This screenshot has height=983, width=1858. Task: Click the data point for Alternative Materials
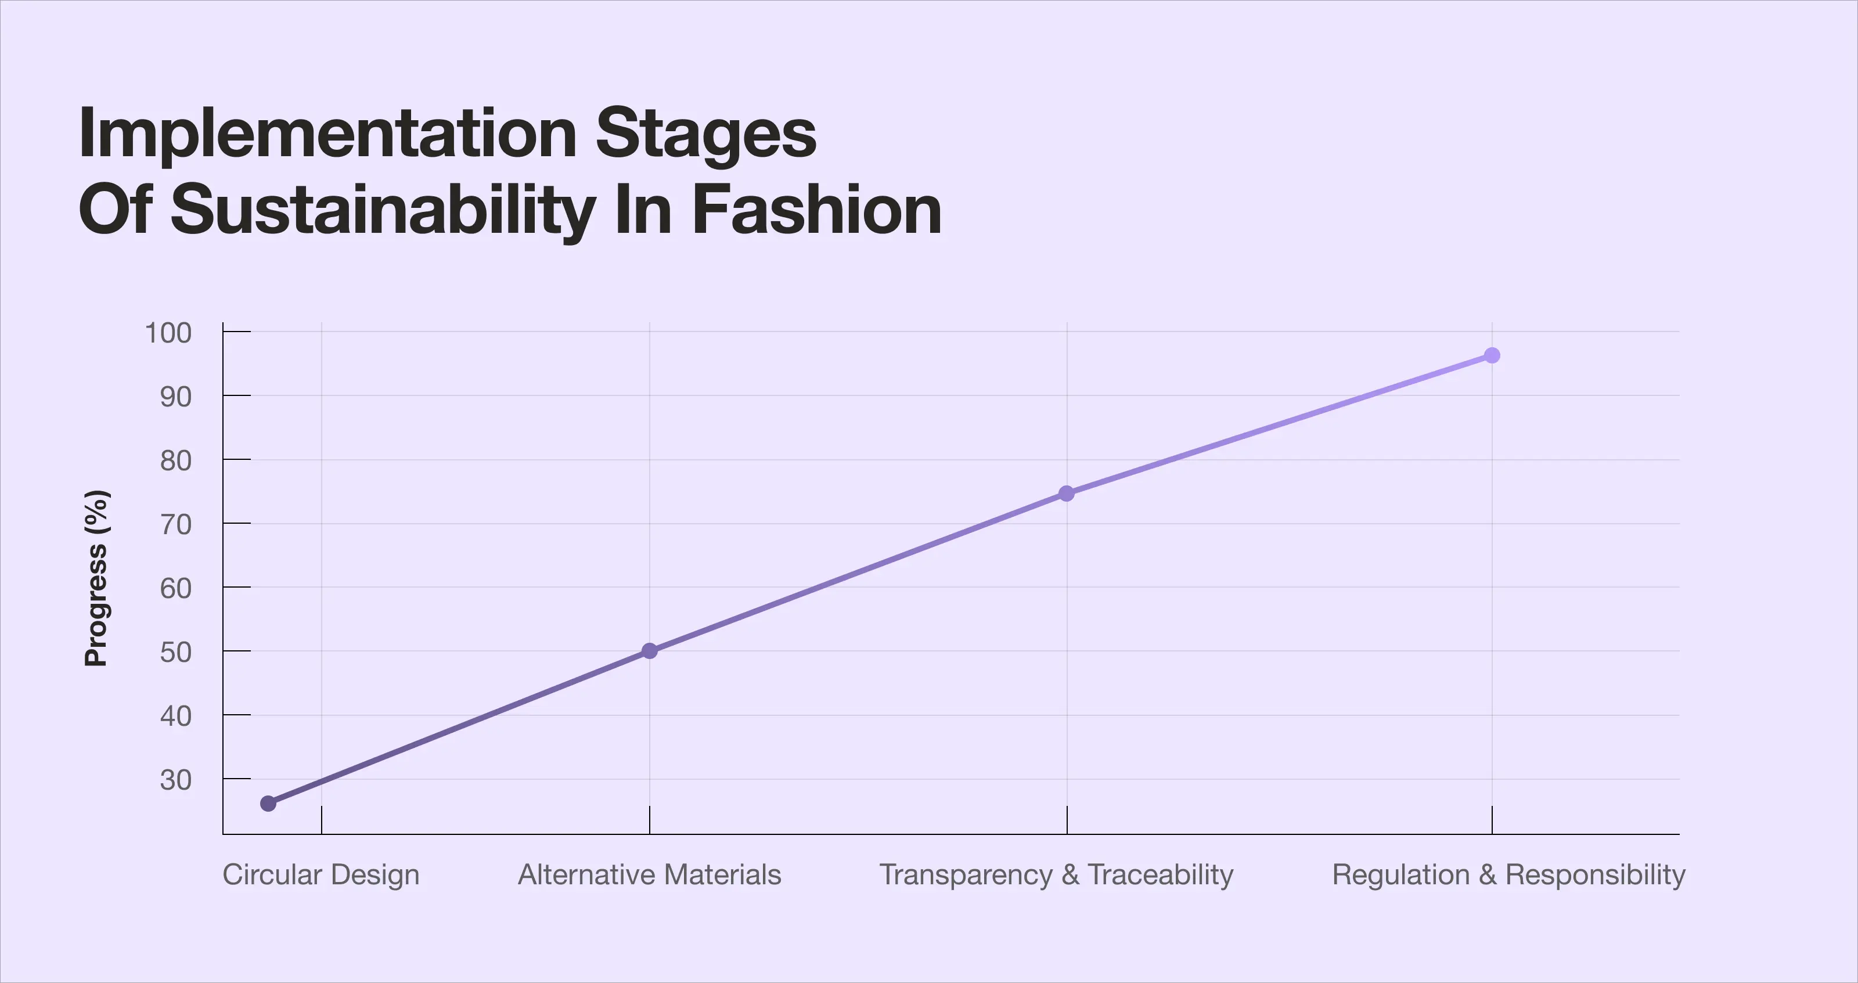point(649,650)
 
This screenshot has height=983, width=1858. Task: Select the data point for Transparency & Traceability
point(1066,494)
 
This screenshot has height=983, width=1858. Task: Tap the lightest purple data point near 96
point(1492,355)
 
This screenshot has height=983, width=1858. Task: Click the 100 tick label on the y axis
point(168,333)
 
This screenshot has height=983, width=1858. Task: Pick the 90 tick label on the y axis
point(175,397)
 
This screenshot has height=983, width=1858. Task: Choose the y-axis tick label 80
point(175,460)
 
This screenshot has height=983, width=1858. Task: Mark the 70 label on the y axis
point(175,524)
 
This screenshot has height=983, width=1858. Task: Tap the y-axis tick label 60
point(175,589)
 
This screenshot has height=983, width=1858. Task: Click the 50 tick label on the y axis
point(175,652)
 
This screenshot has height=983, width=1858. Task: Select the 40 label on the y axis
point(175,716)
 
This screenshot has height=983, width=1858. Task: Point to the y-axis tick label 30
point(175,780)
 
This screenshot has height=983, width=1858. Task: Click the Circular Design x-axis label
point(321,875)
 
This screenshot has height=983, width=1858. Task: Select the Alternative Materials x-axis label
point(649,875)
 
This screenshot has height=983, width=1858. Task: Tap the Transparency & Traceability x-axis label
point(1056,875)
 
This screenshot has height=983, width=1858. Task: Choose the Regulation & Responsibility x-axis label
point(1508,875)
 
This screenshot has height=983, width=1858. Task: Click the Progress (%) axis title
point(96,578)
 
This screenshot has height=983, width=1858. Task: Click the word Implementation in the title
point(327,134)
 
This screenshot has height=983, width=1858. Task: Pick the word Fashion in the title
point(816,209)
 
